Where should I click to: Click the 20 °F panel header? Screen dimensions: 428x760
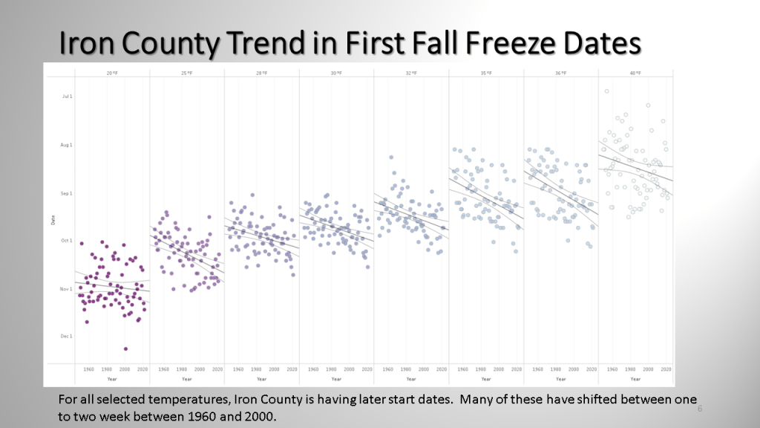click(x=112, y=73)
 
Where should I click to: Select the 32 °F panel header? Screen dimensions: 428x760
click(x=410, y=73)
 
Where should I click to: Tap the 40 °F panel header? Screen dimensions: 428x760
click(x=635, y=73)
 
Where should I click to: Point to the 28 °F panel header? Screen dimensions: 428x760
click(x=261, y=73)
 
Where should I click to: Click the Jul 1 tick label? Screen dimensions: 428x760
click(x=67, y=97)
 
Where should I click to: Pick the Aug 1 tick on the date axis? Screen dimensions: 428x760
click(x=66, y=145)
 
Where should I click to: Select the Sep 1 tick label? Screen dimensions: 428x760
click(x=66, y=193)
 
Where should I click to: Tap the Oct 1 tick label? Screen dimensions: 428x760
click(x=66, y=241)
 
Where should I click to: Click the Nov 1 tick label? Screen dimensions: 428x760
click(x=66, y=288)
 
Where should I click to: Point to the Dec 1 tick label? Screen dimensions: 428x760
click(x=66, y=336)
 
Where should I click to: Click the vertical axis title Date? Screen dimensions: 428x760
click(x=53, y=220)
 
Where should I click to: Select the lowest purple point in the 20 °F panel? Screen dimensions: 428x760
click(x=125, y=348)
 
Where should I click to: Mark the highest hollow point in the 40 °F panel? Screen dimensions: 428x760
click(x=606, y=91)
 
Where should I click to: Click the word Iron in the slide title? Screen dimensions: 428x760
click(x=86, y=43)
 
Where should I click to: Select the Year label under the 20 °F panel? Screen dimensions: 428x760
click(x=112, y=379)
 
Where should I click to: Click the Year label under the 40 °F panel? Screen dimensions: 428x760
click(x=635, y=379)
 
